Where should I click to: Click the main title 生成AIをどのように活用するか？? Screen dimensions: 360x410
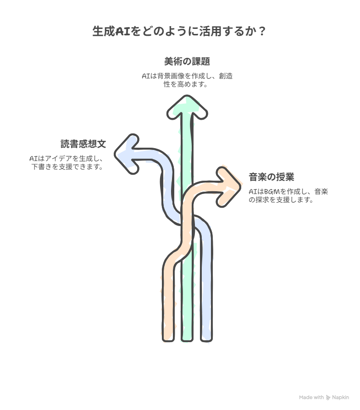click(179, 31)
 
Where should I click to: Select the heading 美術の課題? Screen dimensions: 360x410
click(187, 61)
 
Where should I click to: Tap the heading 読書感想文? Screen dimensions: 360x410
click(83, 144)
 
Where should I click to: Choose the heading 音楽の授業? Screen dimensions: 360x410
click(271, 177)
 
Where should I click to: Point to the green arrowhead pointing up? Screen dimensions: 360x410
click(187, 107)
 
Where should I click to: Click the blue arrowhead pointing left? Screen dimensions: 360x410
click(127, 154)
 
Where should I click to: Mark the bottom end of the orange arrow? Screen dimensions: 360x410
click(168, 339)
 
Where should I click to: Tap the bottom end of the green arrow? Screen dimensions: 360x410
click(187, 339)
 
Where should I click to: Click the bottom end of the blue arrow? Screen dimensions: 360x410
click(206, 339)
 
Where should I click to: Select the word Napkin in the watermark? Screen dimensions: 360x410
click(340, 398)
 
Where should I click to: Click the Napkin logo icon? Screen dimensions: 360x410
click(328, 398)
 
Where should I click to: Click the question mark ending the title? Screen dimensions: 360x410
click(262, 31)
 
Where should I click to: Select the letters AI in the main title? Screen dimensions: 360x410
click(123, 31)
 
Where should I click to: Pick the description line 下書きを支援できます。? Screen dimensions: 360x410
click(67, 167)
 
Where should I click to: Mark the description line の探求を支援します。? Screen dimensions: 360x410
click(281, 200)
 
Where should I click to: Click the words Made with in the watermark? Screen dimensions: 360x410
click(311, 398)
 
